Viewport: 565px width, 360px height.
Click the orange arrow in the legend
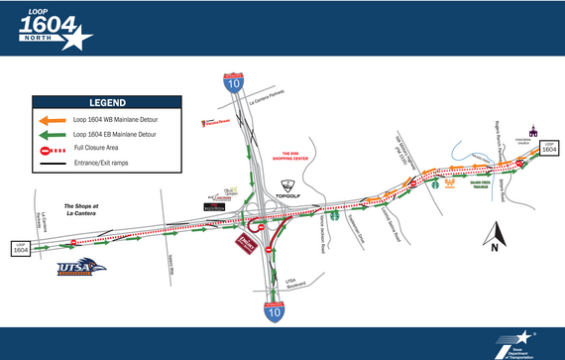[52, 118]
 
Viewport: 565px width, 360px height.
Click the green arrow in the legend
[52, 133]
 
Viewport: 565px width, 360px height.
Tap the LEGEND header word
[107, 102]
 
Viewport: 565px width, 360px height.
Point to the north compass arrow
[493, 235]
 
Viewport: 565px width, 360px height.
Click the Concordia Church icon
[532, 131]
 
